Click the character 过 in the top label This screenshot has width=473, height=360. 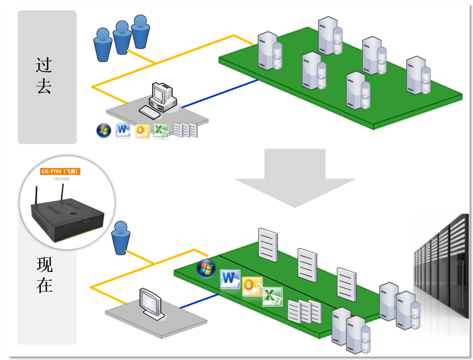(x=44, y=65)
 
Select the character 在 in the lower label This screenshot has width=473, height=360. (x=45, y=286)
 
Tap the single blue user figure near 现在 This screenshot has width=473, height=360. (x=120, y=238)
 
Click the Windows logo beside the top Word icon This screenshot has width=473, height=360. (x=104, y=130)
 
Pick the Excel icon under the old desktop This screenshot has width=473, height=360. (x=160, y=131)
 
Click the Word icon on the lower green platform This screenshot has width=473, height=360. (x=230, y=279)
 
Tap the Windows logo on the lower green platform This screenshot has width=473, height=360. (x=206, y=269)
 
